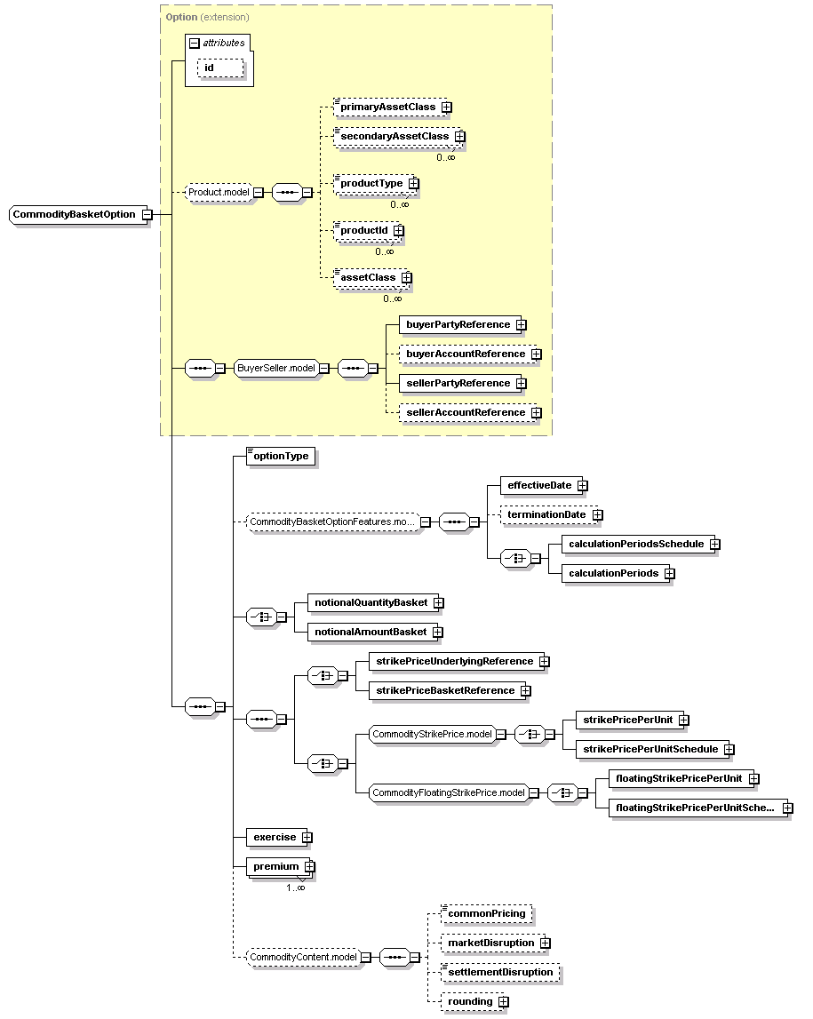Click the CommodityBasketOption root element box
(x=76, y=214)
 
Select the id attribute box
(x=220, y=68)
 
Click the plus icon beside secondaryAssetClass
(x=460, y=137)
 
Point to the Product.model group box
(x=219, y=193)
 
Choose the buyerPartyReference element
(x=459, y=325)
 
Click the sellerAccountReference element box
(x=467, y=413)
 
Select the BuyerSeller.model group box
(x=276, y=369)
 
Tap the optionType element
(x=281, y=457)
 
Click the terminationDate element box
(x=548, y=514)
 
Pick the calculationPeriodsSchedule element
(x=638, y=544)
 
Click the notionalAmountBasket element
(x=371, y=632)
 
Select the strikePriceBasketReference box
(x=446, y=690)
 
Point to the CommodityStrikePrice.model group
(x=432, y=735)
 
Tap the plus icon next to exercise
(x=307, y=838)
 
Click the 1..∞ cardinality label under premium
(x=296, y=888)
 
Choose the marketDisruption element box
(x=492, y=943)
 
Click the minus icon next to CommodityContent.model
(x=367, y=958)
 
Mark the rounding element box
(x=471, y=1001)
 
